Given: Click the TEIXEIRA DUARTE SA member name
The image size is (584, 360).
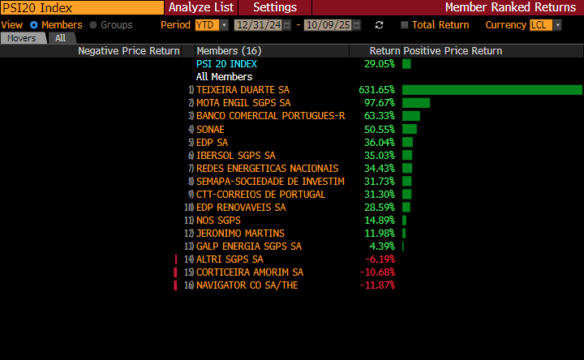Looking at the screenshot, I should (243, 90).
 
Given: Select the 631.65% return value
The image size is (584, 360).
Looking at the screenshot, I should (376, 90).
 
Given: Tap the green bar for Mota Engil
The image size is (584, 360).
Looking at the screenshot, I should (415, 103).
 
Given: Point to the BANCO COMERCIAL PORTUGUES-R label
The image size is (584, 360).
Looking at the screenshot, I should (270, 116).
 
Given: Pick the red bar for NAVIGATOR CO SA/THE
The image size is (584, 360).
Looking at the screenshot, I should (175, 285).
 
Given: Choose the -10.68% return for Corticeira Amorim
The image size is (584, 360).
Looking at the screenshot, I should (377, 272).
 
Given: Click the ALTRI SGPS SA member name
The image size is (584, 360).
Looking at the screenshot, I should (230, 259).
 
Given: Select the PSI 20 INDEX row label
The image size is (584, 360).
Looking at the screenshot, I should (226, 63).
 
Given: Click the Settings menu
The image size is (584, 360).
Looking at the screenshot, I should (274, 7).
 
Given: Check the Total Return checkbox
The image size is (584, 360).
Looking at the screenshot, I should (405, 25).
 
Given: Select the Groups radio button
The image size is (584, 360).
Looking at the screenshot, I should (93, 25).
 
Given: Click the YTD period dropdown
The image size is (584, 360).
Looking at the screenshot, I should (211, 25).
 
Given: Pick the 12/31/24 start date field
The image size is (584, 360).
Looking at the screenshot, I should (258, 25).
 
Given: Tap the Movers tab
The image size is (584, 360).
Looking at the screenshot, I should (22, 38).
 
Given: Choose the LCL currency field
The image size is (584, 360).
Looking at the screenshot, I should (541, 25).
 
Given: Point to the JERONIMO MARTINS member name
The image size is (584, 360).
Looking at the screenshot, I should (240, 234).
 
